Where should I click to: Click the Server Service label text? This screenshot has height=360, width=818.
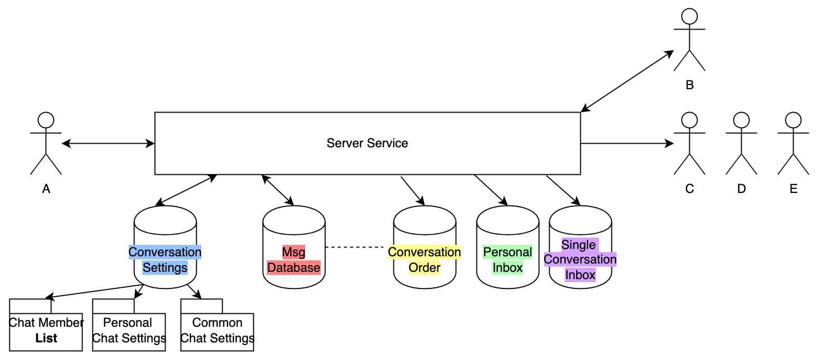tap(367, 143)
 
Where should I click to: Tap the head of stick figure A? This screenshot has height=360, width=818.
tap(46, 120)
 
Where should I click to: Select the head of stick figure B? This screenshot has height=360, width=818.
tap(689, 17)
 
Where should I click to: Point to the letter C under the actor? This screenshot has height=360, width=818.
tap(689, 189)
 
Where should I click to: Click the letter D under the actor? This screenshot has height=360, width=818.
tap(741, 189)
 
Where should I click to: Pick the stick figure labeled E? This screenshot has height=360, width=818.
tap(793, 143)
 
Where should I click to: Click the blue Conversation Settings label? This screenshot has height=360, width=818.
tap(165, 259)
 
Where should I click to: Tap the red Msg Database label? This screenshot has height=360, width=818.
tap(294, 259)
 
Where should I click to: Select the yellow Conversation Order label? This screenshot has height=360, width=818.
tap(425, 259)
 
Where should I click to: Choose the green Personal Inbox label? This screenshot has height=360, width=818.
tap(508, 259)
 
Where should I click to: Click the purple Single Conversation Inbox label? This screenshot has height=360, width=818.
tap(580, 259)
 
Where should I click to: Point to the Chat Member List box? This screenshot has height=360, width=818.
tap(46, 332)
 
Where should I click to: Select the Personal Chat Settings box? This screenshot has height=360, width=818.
tap(129, 332)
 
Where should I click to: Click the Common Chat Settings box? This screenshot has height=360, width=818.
tap(217, 332)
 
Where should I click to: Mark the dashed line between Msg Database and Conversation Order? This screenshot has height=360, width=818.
tap(355, 247)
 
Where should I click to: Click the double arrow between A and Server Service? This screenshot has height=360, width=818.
tap(108, 144)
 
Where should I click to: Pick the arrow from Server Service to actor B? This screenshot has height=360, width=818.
tap(627, 81)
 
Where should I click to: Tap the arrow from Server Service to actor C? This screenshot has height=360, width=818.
tap(627, 144)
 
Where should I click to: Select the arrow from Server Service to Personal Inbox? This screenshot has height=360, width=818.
tap(491, 190)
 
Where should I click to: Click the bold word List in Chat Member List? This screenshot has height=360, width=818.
tap(46, 338)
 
